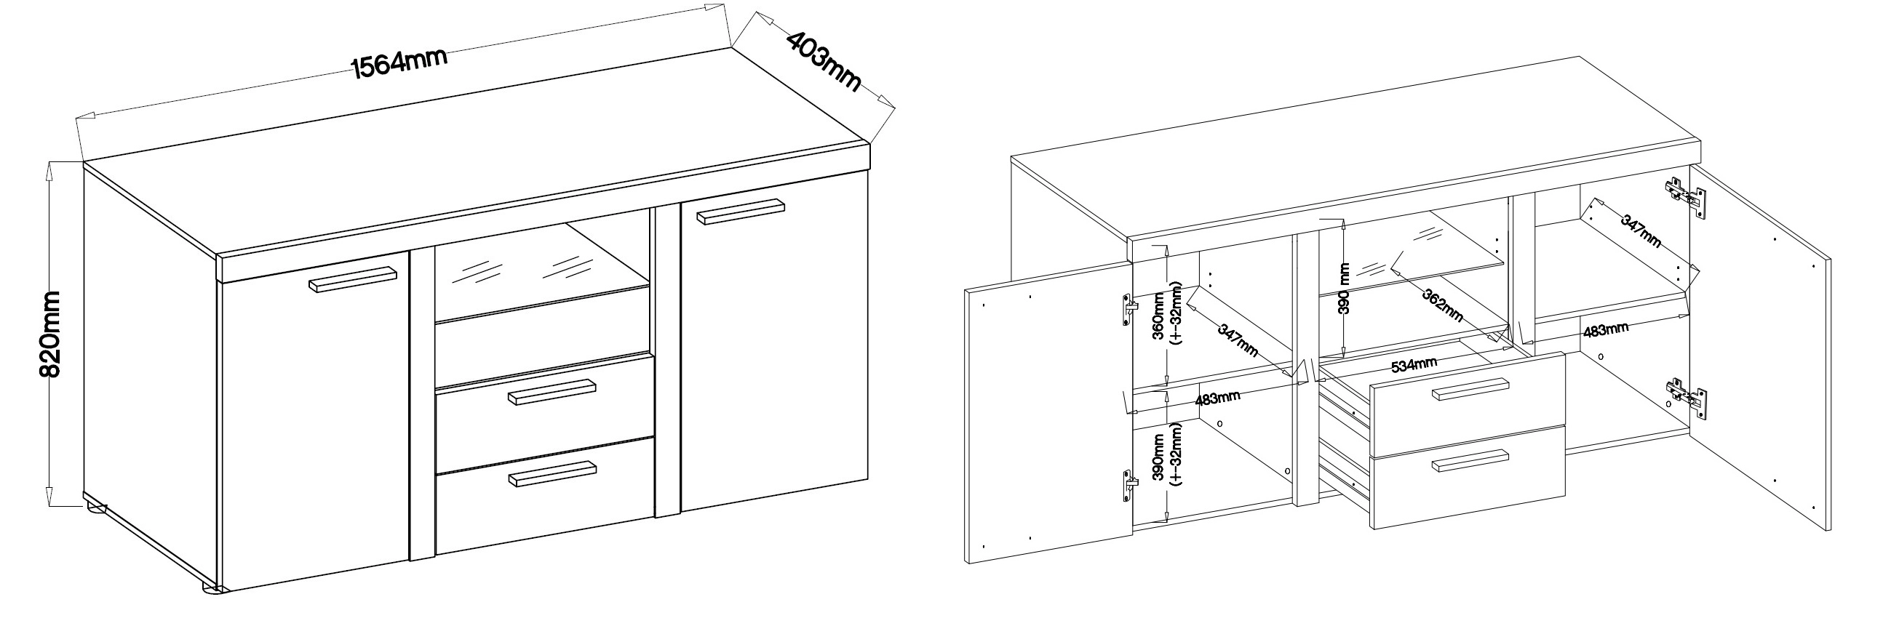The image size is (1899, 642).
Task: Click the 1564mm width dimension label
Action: tap(400, 63)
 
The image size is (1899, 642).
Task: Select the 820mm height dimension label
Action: tap(49, 334)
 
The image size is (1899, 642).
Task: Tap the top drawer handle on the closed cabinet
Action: tap(552, 392)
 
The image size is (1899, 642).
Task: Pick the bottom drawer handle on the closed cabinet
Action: tap(552, 474)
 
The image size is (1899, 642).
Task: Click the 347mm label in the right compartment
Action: tap(1640, 230)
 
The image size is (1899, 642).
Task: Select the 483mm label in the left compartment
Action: tap(1218, 398)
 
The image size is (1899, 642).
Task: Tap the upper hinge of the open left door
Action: tap(1128, 310)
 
